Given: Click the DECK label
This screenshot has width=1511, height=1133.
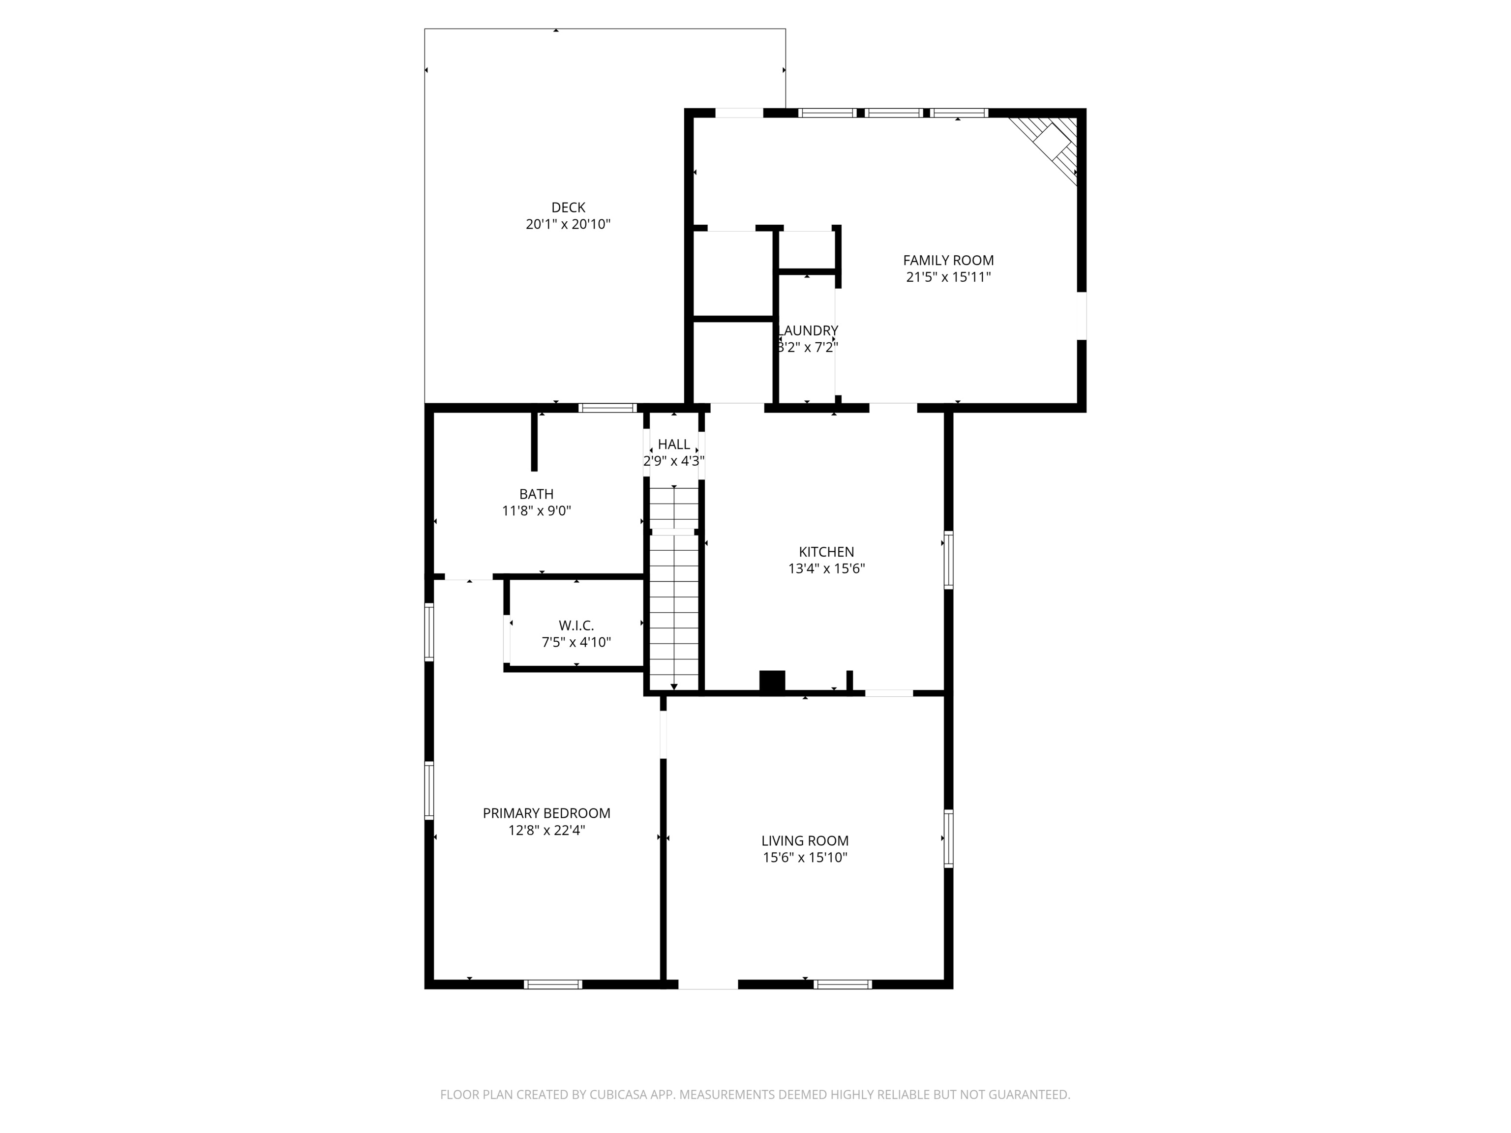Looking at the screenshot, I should click(568, 208).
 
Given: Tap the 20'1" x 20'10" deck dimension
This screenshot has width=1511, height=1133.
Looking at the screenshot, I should click(568, 225).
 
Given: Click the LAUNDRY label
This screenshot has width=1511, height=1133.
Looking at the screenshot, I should click(809, 330).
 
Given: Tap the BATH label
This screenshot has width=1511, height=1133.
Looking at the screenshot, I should click(536, 494).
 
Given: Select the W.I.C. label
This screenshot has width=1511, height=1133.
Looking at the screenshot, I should click(576, 626).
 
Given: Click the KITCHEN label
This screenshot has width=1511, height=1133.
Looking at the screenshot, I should click(826, 552).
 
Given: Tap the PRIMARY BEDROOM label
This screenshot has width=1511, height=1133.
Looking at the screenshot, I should click(546, 813).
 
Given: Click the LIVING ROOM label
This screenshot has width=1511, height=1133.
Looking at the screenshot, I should click(805, 841).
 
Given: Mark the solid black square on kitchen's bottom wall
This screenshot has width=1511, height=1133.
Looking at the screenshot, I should click(772, 682).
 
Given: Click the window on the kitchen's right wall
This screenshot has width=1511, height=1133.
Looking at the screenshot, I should click(948, 560).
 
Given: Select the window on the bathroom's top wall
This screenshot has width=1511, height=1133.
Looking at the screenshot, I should click(607, 408).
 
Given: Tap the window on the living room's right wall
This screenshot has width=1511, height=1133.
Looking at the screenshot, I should click(948, 838).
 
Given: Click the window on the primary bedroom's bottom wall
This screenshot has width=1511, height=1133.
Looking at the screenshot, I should click(553, 984).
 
